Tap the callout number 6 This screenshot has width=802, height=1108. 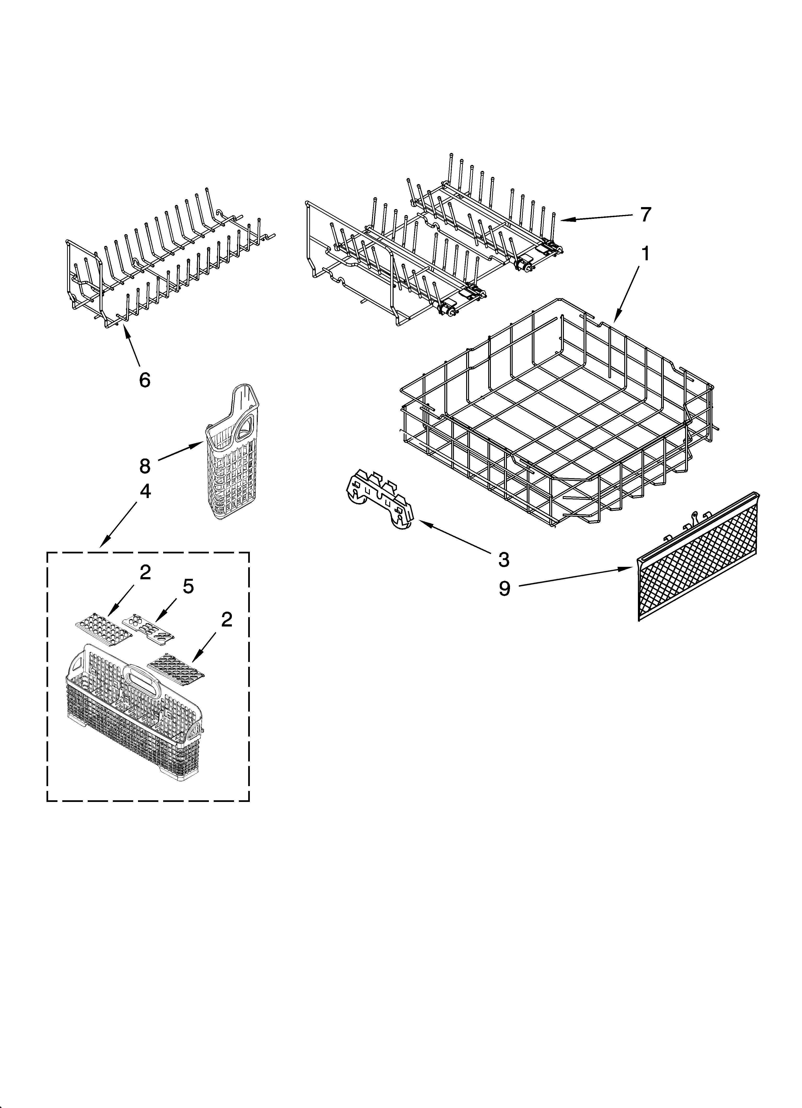click(x=145, y=380)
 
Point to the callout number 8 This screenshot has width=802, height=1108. click(x=145, y=466)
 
